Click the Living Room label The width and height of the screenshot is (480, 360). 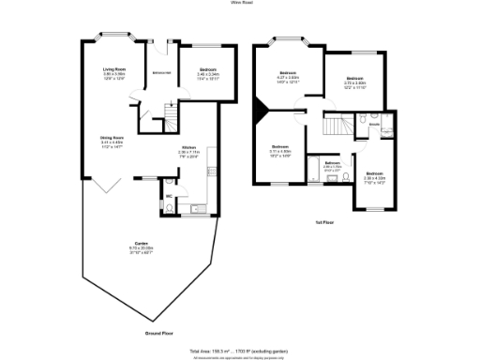[114, 69]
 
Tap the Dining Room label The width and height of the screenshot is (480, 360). [113, 138]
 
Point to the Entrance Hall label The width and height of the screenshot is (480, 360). [160, 72]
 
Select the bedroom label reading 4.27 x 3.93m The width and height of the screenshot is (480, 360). [288, 73]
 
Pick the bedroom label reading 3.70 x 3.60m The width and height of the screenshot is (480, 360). [354, 79]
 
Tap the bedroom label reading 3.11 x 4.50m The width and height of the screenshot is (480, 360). [280, 146]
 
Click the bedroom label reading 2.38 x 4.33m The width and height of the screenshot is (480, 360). [374, 173]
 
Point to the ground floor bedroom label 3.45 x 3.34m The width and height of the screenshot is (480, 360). [205, 70]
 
